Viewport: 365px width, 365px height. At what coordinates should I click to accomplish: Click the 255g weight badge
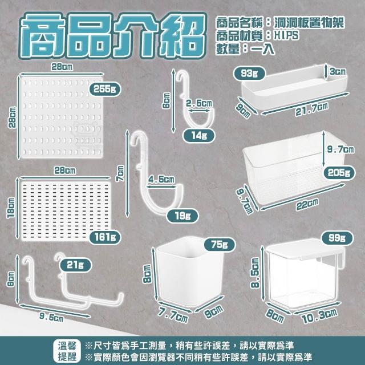(105, 89)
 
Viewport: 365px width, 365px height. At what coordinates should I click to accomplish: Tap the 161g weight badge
(105, 237)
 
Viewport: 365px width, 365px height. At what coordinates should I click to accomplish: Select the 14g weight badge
(199, 136)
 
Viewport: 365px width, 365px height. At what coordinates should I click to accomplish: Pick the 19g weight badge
(182, 216)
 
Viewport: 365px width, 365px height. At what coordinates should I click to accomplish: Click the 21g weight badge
(75, 265)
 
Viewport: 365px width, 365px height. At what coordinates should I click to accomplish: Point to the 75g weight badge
(220, 245)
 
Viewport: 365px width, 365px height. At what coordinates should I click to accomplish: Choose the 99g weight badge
(337, 238)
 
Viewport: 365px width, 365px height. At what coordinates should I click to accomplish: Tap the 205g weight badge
(339, 173)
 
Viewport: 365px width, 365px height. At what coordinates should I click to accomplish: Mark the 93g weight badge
(249, 74)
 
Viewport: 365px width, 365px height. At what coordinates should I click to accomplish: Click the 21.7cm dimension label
(312, 109)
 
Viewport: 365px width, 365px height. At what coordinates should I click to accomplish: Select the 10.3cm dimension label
(320, 316)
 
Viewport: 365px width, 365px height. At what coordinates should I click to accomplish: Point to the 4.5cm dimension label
(161, 180)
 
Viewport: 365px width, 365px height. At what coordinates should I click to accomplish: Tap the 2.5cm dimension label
(199, 103)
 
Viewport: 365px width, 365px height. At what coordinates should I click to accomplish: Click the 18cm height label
(11, 208)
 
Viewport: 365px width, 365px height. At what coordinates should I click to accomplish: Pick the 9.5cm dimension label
(51, 317)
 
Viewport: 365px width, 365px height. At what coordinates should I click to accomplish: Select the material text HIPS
(286, 35)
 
